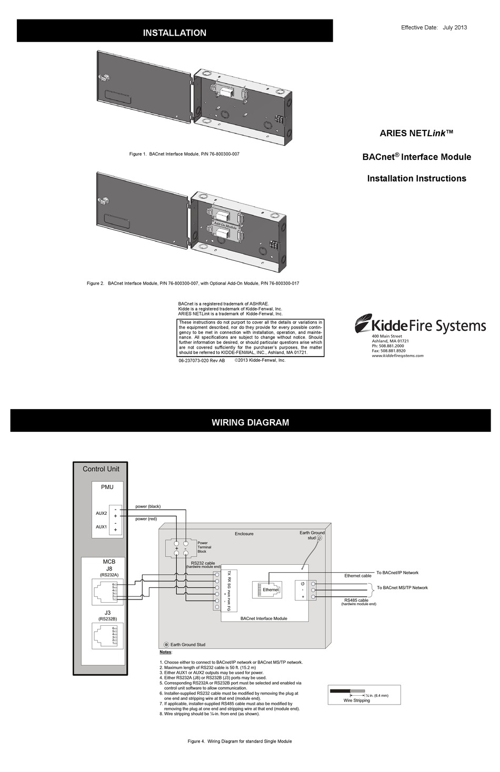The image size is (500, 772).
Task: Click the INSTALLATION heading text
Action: point(175,33)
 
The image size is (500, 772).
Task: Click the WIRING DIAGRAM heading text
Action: point(250,422)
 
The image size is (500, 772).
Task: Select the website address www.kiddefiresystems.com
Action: point(397,355)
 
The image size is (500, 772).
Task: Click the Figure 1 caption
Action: point(188,154)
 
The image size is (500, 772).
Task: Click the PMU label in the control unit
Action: point(107,487)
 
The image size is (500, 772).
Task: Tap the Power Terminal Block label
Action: point(203,547)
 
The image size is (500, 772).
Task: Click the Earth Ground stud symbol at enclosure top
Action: point(319,538)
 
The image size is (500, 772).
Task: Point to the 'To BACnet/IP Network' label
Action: point(397,573)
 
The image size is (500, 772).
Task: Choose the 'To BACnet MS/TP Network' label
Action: point(402,588)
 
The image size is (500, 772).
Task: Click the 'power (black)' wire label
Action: point(148,506)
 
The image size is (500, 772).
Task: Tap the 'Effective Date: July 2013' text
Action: point(434,27)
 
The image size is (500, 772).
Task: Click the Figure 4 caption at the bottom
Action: point(239,741)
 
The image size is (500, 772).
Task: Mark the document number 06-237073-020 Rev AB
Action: point(202,361)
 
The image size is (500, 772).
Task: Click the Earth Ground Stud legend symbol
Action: point(166,644)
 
